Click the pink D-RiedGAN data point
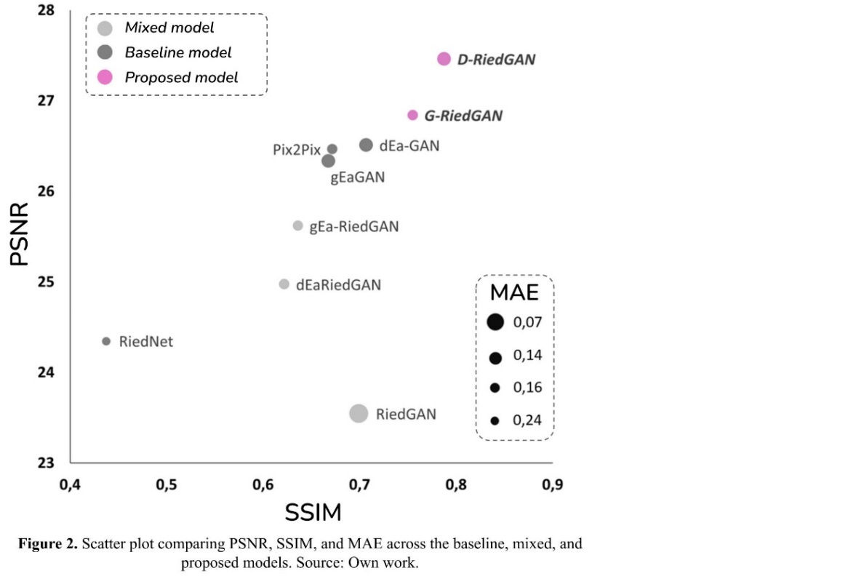point(444,59)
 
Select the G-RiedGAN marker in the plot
point(412,115)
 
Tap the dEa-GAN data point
point(366,145)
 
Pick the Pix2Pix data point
point(332,149)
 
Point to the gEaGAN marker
point(328,161)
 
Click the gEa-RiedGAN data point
point(297,225)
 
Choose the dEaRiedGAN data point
point(284,284)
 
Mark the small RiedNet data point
point(106,341)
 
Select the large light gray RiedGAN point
point(359,413)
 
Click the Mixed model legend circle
point(105,28)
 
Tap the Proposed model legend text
point(181,78)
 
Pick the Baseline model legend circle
point(105,52)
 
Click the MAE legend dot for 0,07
point(495,321)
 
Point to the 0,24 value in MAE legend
point(527,420)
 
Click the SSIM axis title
point(313,513)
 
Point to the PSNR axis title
point(20,234)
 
